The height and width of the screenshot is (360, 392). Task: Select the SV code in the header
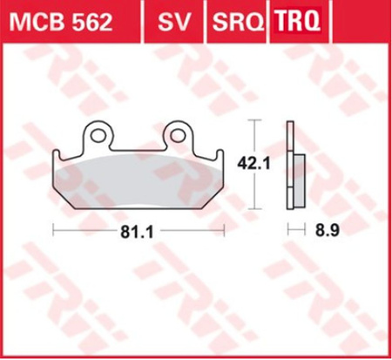click(170, 22)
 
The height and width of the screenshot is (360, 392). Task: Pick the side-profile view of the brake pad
click(294, 166)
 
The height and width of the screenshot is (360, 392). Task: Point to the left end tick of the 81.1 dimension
click(54, 232)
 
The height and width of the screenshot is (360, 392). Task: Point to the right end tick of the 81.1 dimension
click(228, 232)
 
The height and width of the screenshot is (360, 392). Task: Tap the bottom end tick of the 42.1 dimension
click(253, 209)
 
